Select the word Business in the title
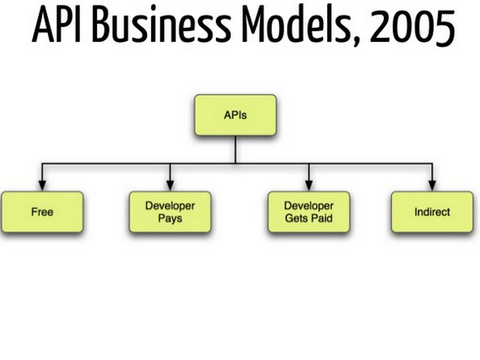click(x=161, y=24)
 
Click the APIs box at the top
click(x=235, y=115)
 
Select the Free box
click(x=42, y=212)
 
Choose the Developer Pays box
click(x=170, y=212)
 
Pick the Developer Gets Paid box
click(x=309, y=212)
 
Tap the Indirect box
click(x=432, y=212)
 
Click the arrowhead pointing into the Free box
click(x=42, y=186)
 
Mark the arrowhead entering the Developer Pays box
click(x=170, y=186)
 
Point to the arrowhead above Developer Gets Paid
click(x=309, y=186)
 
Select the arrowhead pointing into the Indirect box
click(x=432, y=186)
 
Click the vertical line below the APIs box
click(x=235, y=150)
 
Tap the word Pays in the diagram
click(x=170, y=219)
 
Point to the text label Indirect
click(x=432, y=212)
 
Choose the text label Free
click(x=42, y=212)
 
